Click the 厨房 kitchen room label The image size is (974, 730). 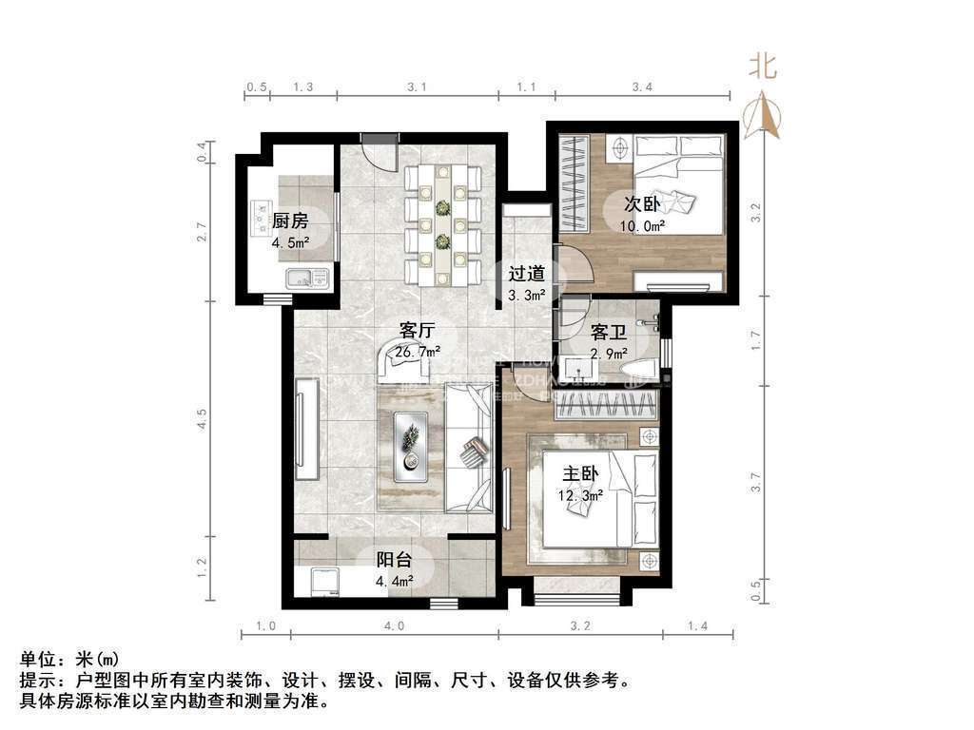[x=290, y=221]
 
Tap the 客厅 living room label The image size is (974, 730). [x=418, y=331]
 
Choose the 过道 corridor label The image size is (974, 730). [x=525, y=273]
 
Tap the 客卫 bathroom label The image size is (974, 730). [x=608, y=332]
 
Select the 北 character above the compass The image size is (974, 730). [x=763, y=67]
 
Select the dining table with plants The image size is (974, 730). [x=442, y=224]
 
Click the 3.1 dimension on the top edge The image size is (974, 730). [x=417, y=86]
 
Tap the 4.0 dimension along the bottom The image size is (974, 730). [x=394, y=625]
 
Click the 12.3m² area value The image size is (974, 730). [x=579, y=495]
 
